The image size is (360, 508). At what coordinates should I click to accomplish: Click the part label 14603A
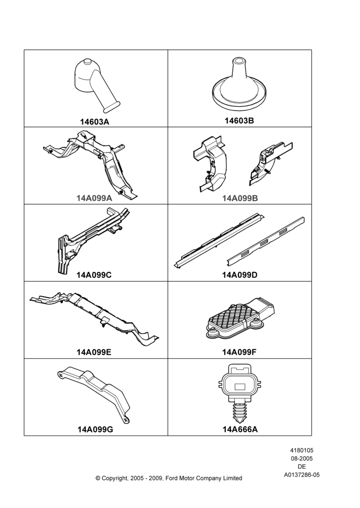click(95, 122)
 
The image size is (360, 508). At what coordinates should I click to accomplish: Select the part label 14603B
click(239, 120)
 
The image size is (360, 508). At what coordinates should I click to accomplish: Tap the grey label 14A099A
click(95, 198)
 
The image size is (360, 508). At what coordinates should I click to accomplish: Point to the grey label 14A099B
click(240, 198)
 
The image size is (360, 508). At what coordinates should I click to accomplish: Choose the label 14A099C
click(94, 275)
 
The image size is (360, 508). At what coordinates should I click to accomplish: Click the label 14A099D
click(239, 275)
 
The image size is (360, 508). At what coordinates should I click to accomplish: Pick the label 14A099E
click(94, 352)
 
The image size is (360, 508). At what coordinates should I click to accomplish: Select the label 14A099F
click(239, 352)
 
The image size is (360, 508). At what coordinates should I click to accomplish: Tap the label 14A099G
click(96, 430)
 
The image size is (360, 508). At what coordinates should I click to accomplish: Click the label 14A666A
click(240, 430)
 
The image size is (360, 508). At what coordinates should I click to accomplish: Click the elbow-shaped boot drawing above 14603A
click(94, 84)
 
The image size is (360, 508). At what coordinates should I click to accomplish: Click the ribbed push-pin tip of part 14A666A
click(239, 412)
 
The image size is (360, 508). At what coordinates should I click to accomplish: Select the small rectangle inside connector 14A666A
click(240, 387)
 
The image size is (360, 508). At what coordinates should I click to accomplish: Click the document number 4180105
click(302, 450)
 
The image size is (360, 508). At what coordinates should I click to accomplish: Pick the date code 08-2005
click(302, 458)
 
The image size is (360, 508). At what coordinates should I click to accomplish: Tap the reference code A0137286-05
click(302, 475)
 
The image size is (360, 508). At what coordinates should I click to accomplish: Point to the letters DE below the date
click(302, 467)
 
